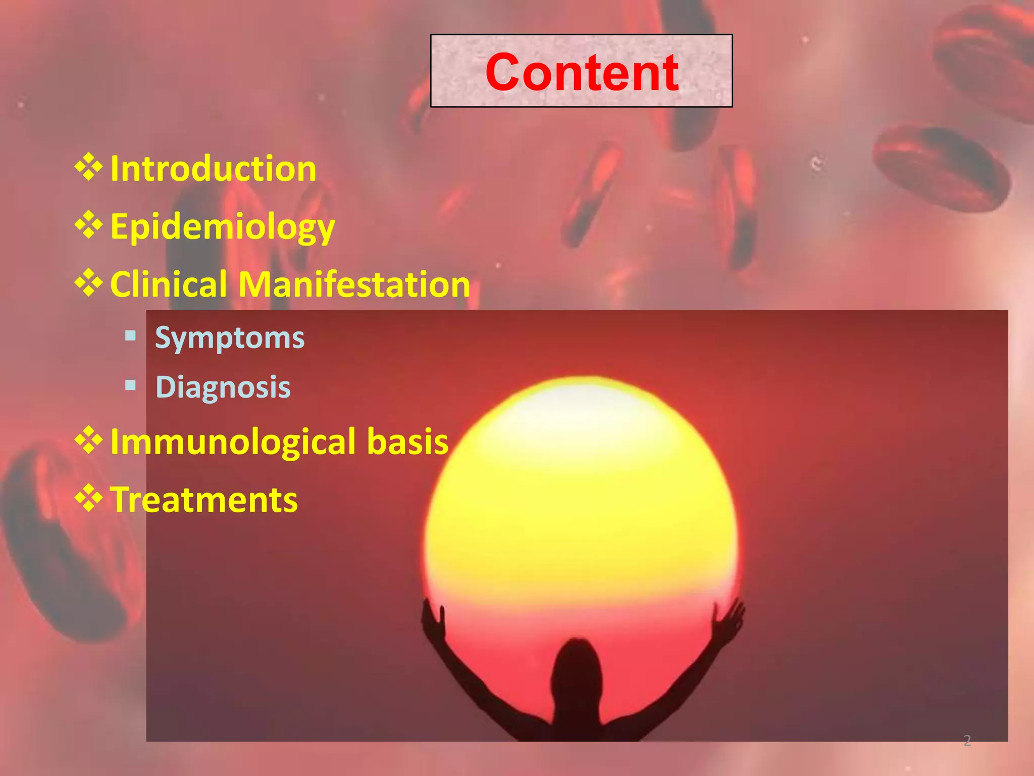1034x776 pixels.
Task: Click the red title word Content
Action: (582, 73)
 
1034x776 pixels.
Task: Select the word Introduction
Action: (213, 169)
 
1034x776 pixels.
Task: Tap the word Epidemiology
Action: (222, 227)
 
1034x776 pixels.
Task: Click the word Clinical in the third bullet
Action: (168, 284)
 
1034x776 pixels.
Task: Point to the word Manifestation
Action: (354, 284)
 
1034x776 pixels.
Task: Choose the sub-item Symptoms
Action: (230, 338)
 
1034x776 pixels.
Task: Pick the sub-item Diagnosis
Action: (223, 387)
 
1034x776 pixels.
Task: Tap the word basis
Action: (407, 441)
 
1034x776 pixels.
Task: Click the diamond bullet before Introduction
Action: (89, 167)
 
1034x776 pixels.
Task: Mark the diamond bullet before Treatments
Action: (89, 498)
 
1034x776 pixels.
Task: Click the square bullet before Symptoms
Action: (131, 336)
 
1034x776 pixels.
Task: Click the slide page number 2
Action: (967, 741)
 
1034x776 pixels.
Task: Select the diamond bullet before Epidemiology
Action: (89, 225)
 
